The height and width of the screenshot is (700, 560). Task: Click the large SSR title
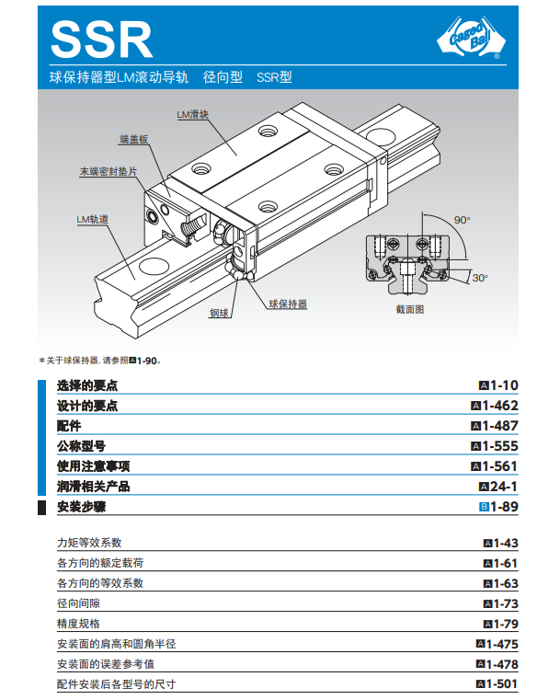[102, 40]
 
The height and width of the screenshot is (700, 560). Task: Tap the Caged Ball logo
[471, 38]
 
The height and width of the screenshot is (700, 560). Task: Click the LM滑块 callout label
[192, 114]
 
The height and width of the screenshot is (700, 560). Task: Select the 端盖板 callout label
[134, 139]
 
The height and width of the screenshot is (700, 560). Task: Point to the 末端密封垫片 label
[108, 171]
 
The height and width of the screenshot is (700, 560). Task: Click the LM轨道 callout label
[92, 219]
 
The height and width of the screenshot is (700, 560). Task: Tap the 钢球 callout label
[219, 313]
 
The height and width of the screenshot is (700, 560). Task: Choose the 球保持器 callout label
[288, 304]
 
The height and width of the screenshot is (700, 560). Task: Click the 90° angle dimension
[463, 220]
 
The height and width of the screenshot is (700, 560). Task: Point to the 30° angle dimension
[480, 278]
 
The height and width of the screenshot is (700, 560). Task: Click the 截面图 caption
[409, 309]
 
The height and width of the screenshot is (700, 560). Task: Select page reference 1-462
[499, 406]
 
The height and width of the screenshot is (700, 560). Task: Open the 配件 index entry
[69, 426]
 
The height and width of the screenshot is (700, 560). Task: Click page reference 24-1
[504, 487]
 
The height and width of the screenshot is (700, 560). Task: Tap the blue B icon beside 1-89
[485, 507]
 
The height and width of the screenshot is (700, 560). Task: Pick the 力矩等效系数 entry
[89, 543]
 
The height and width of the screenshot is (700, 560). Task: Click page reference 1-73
[506, 603]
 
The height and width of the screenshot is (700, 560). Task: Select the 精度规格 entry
[78, 624]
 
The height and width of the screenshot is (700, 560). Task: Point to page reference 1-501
[502, 684]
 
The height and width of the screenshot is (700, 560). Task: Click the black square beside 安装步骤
[41, 508]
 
